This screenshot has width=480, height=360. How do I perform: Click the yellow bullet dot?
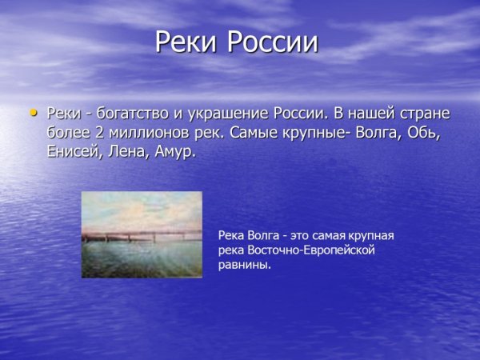pos(33,113)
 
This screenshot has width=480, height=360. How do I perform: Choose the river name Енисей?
pos(74,151)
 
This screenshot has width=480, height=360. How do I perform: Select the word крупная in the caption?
pos(369,236)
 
